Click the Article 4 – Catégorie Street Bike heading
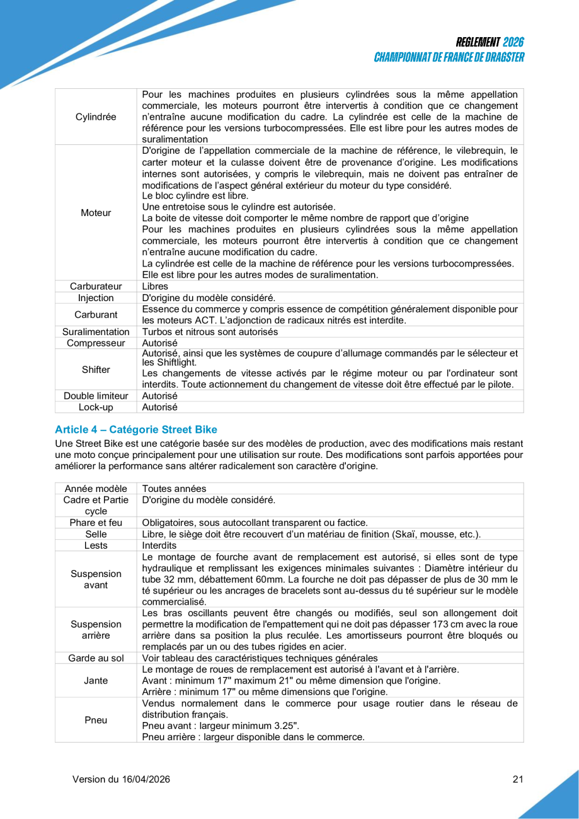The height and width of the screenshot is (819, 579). pyautogui.click(x=136, y=430)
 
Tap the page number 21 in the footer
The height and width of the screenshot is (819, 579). pyautogui.click(x=518, y=779)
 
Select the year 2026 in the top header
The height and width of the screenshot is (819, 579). pyautogui.click(x=513, y=42)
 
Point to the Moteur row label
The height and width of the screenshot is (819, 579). pyautogui.click(x=96, y=213)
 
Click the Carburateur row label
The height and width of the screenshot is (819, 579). pyautogui.click(x=96, y=286)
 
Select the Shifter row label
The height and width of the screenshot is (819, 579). pyautogui.click(x=96, y=369)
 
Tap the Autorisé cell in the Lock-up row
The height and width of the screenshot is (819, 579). pyautogui.click(x=160, y=407)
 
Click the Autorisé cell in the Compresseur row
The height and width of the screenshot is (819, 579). pyautogui.click(x=160, y=343)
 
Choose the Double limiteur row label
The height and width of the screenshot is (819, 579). pyautogui.click(x=96, y=396)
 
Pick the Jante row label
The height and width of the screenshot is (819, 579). pyautogui.click(x=96, y=680)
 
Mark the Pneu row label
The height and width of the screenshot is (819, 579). pyautogui.click(x=96, y=719)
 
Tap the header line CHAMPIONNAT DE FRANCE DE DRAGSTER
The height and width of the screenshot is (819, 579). pyautogui.click(x=449, y=57)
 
